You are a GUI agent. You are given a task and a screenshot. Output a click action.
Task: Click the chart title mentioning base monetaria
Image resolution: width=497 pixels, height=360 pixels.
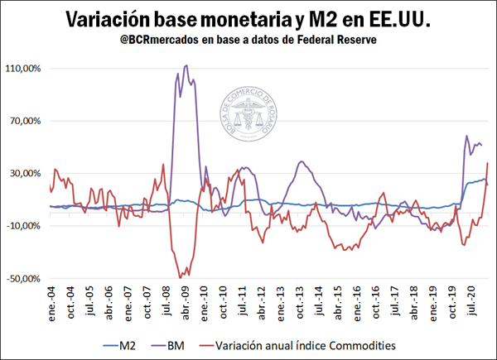(x=248, y=17)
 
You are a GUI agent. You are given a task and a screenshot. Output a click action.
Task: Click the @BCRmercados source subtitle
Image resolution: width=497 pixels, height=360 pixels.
(x=248, y=40)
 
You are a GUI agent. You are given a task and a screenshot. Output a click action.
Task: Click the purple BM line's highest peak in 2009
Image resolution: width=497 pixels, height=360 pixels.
(x=185, y=65)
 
